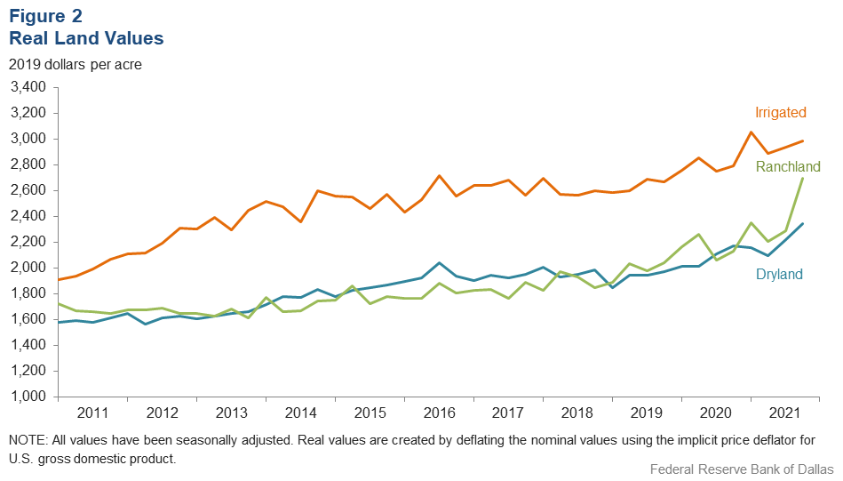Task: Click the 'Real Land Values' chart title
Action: (x=86, y=39)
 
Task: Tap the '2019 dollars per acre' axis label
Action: (x=75, y=65)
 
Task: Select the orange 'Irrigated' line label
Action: (x=780, y=113)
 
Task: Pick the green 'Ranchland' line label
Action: (x=788, y=166)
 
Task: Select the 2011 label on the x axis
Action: (x=92, y=413)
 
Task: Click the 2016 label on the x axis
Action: (x=439, y=413)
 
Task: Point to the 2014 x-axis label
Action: (x=300, y=413)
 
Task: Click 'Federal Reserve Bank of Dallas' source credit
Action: (x=741, y=469)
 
